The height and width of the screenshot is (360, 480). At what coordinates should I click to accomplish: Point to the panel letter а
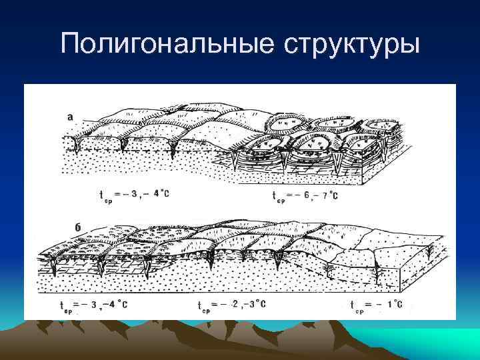71,117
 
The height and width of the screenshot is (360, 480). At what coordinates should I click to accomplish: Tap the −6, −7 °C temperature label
305,195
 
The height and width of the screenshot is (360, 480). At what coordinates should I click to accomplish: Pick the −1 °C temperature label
377,305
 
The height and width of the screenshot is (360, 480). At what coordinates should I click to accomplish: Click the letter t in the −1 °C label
351,306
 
